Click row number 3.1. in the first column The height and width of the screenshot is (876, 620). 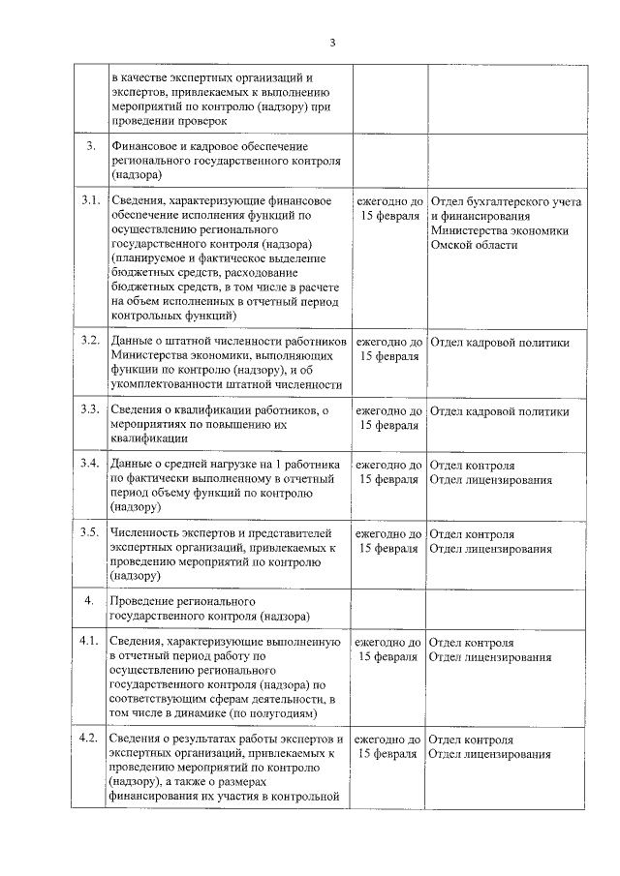(x=91, y=200)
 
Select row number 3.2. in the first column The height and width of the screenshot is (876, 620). (x=91, y=342)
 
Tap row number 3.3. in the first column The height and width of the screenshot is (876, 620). (x=91, y=409)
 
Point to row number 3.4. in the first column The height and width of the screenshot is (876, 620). (x=91, y=465)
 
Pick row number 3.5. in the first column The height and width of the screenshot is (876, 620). (x=91, y=533)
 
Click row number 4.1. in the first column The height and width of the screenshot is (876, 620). (x=91, y=642)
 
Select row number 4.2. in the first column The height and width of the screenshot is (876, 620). (x=91, y=740)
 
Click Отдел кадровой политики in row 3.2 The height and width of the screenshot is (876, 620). (x=498, y=343)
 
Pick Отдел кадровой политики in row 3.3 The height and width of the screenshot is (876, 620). (x=498, y=410)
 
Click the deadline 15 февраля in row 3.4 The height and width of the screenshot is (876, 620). (x=389, y=479)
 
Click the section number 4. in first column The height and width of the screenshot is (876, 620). (x=88, y=601)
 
